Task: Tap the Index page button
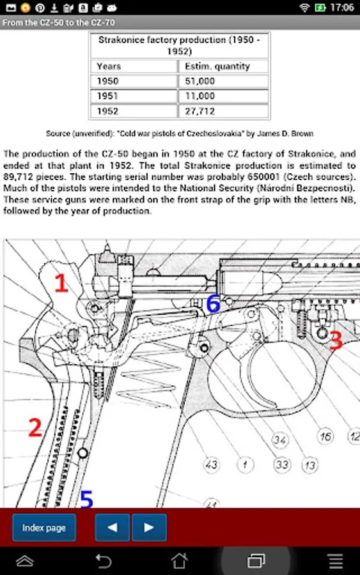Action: point(44,527)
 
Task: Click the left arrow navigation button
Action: point(113,527)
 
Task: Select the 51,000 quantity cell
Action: point(224,81)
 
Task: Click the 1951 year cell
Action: point(134,96)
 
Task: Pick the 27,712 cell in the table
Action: point(224,111)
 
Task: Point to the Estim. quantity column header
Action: point(224,66)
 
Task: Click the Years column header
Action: point(134,66)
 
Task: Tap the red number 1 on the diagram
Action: point(61,283)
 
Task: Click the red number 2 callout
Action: point(35,427)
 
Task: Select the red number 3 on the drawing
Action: point(336,341)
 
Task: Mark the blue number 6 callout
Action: point(213,304)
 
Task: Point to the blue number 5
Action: point(86,499)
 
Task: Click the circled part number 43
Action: point(211,465)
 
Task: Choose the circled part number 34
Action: point(279,440)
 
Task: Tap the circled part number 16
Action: point(325,436)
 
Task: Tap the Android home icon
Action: point(180,561)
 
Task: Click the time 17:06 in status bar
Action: point(342,7)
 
